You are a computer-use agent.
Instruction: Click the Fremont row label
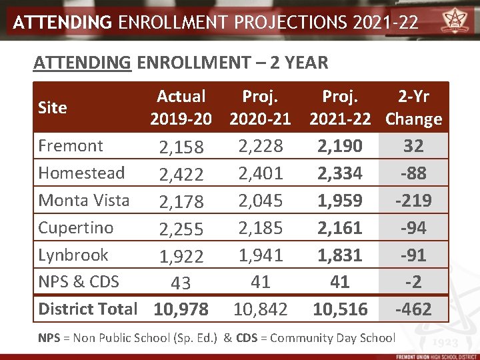pos(71,145)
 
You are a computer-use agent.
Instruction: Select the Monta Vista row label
pos(83,200)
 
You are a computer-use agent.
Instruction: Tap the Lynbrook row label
pos(73,255)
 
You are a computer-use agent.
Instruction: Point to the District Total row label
pos(87,309)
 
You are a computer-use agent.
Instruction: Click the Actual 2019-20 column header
pos(181,108)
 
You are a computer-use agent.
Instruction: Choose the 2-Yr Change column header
pos(413,108)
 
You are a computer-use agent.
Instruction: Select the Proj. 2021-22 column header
pos(340,108)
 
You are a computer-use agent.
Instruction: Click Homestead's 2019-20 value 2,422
pos(181,175)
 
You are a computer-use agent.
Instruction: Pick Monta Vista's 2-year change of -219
pos(413,201)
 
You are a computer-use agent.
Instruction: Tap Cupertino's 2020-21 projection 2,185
pos(260,228)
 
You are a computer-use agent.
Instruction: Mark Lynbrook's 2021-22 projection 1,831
pos(340,255)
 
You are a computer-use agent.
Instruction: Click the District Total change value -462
pos(413,309)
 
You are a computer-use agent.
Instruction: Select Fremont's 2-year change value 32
pos(413,146)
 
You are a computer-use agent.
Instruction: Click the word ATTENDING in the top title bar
pos(63,23)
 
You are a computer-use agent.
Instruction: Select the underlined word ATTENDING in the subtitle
pos(82,63)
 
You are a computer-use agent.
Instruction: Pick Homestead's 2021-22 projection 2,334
pos(340,173)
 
